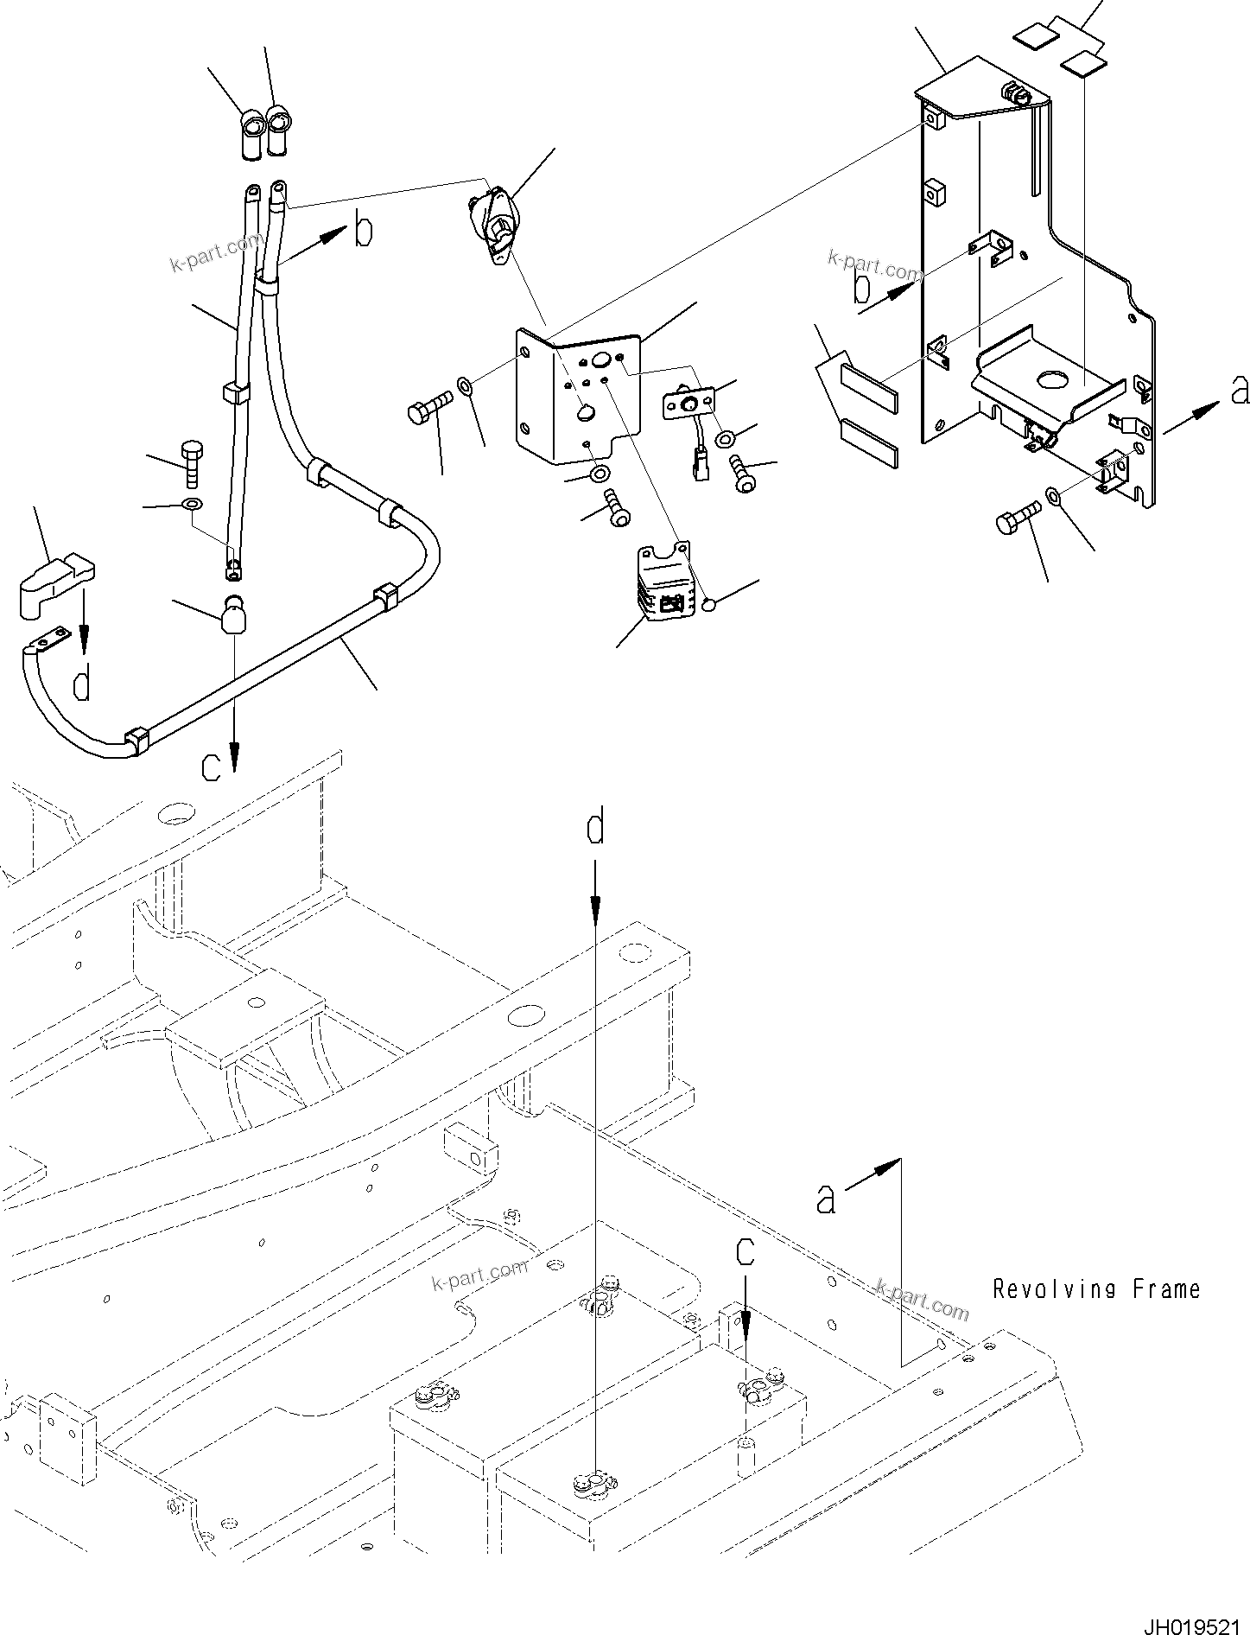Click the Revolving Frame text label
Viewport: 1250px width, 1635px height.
[1095, 1290]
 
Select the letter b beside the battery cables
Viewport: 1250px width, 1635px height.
[364, 231]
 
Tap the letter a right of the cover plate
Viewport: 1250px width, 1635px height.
[1240, 391]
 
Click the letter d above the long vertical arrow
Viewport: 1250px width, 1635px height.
[595, 830]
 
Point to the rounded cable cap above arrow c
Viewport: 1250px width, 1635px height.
[232, 615]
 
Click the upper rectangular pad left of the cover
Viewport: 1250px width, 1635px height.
[869, 377]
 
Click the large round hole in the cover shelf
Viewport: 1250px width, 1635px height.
[1055, 379]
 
